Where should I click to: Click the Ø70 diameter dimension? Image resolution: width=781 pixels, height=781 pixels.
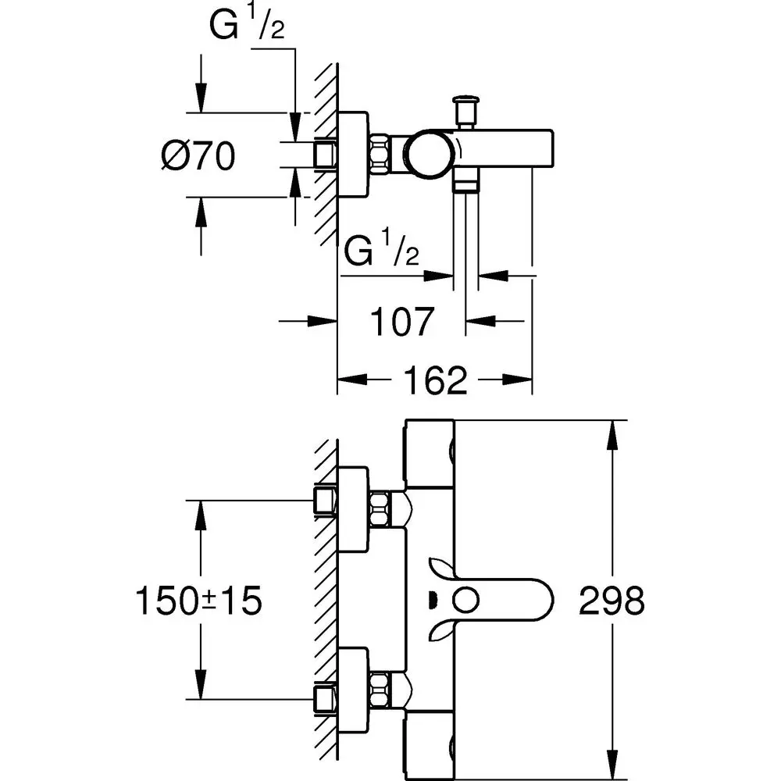click(198, 158)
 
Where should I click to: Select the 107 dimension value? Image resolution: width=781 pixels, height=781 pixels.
click(401, 321)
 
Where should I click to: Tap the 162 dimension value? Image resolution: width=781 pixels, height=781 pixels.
click(436, 380)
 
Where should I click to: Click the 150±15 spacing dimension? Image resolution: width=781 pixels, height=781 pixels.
click(198, 601)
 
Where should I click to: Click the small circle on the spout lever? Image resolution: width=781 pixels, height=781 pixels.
click(466, 601)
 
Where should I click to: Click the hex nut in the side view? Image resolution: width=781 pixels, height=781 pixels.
click(381, 154)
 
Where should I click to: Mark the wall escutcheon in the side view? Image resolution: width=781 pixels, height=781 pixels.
click(353, 154)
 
